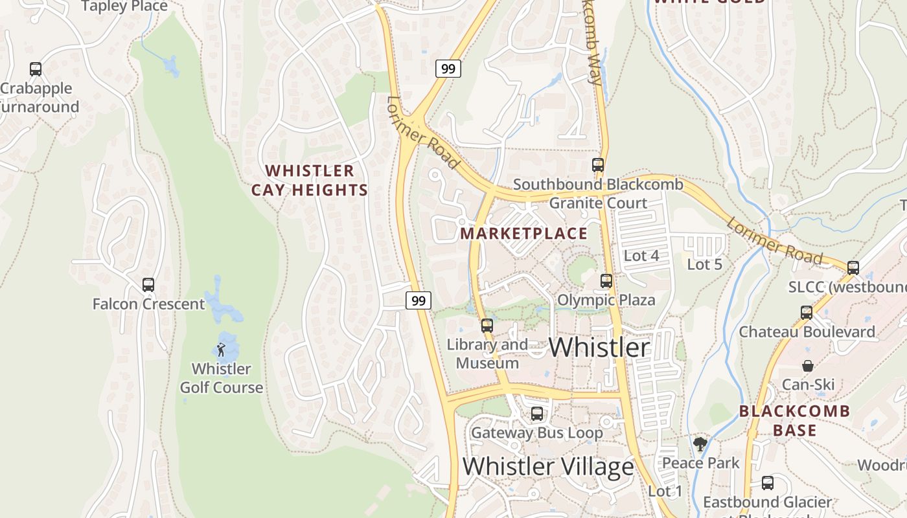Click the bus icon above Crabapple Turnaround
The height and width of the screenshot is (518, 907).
(x=36, y=69)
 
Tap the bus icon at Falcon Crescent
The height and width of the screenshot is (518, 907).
(x=148, y=285)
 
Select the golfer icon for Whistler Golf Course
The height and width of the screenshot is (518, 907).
(x=221, y=350)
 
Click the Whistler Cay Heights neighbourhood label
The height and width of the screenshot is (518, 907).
(x=310, y=181)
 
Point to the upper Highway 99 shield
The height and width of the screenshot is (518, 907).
(x=448, y=68)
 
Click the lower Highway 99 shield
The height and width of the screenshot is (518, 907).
(x=419, y=300)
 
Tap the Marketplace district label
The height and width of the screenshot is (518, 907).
(x=524, y=234)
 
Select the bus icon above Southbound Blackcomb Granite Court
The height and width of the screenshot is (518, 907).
(x=598, y=165)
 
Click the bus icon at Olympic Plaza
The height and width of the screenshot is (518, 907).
(x=606, y=281)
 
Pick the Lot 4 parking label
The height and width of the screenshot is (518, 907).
(x=641, y=256)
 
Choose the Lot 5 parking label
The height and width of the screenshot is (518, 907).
(x=704, y=264)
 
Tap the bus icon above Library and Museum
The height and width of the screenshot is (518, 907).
(x=487, y=326)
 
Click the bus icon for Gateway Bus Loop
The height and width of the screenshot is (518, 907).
(x=537, y=414)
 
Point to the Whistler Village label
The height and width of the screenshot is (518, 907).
(x=548, y=466)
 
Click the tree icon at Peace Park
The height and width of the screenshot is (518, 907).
(x=700, y=444)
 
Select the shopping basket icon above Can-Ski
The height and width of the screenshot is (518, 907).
(x=808, y=366)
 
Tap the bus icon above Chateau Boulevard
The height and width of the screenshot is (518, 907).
(x=807, y=313)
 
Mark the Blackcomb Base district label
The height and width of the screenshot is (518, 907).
(x=794, y=420)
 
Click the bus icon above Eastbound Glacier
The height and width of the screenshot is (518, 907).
(x=768, y=483)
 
